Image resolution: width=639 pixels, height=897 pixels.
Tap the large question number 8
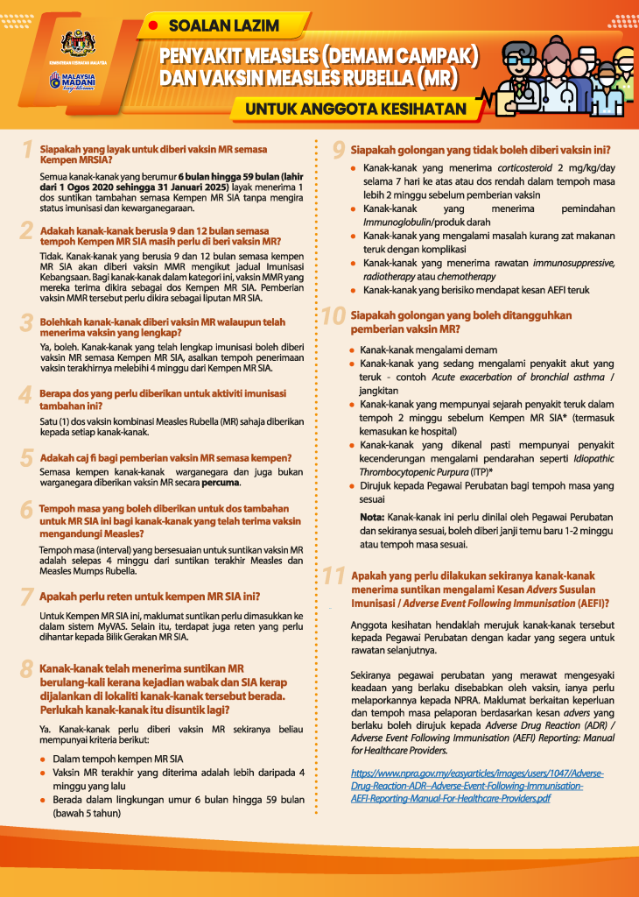(x=27, y=671)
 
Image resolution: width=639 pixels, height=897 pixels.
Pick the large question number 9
(x=336, y=151)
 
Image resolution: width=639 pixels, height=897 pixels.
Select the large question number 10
(x=334, y=316)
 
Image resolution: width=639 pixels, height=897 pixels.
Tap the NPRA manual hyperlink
(x=476, y=786)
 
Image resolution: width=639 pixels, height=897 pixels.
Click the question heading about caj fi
(x=165, y=458)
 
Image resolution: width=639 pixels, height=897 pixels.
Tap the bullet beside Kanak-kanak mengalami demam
(x=353, y=350)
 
